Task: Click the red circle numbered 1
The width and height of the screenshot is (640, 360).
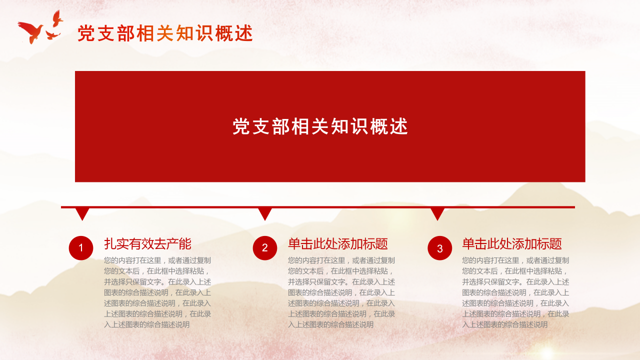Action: click(81, 248)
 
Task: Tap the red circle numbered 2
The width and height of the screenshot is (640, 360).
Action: click(265, 248)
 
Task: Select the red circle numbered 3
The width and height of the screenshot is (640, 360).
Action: click(440, 248)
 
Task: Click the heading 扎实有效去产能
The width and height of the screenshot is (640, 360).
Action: click(147, 244)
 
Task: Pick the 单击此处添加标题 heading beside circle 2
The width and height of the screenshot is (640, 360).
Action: click(338, 244)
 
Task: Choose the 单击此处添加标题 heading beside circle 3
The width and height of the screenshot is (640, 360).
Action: click(512, 244)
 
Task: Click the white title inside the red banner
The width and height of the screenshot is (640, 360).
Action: click(320, 127)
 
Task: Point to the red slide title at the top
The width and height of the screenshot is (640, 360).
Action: click(165, 33)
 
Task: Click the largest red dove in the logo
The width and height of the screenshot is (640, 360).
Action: click(31, 31)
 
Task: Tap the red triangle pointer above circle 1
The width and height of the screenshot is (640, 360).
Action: click(82, 214)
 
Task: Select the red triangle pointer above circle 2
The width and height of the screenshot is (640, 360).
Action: click(265, 214)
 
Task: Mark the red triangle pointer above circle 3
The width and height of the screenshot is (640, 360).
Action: click(437, 214)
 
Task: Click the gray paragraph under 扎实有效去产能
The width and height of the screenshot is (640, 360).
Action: click(157, 292)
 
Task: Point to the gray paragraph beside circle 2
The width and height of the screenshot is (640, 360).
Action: click(341, 292)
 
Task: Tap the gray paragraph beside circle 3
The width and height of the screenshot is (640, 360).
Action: click(515, 292)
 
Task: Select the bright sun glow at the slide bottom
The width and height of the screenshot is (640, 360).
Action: click(547, 351)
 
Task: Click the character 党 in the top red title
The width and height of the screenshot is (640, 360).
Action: click(86, 33)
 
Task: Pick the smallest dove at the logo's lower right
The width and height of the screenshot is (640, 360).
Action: click(52, 35)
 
